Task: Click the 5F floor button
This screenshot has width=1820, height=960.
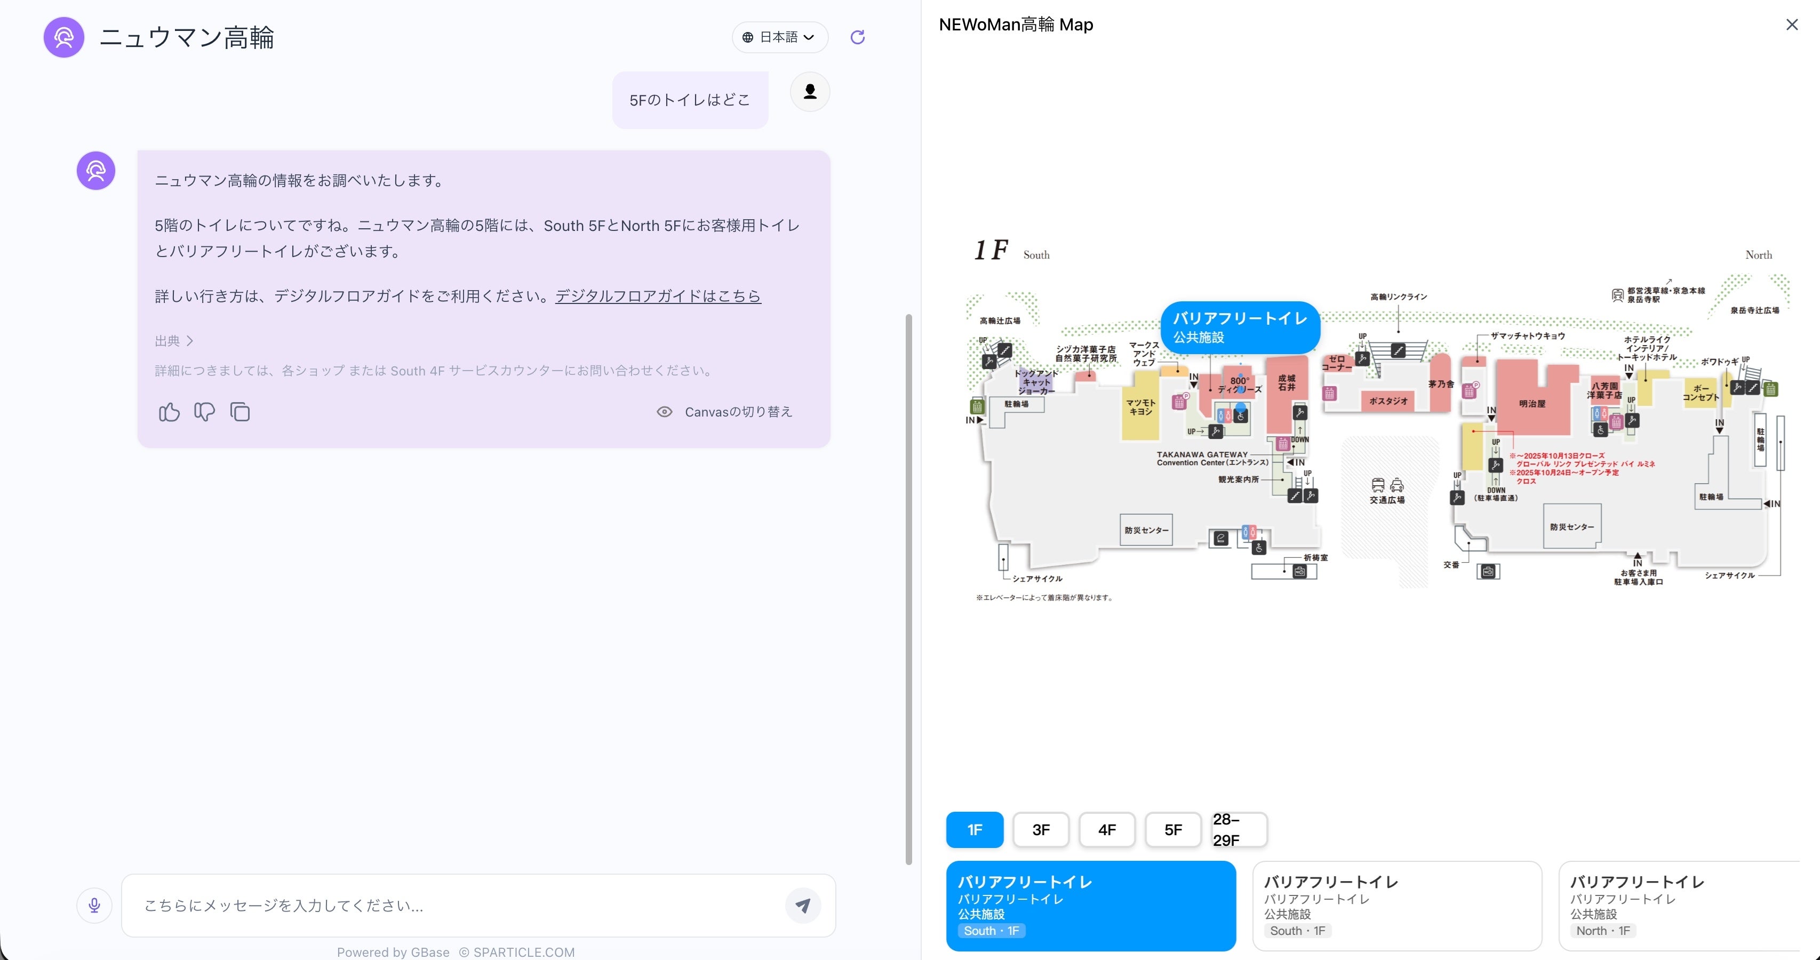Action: point(1173,829)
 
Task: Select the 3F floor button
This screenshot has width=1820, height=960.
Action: point(1041,829)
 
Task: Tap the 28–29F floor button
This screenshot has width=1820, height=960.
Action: point(1239,829)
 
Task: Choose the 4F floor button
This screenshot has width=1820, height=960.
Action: point(1106,829)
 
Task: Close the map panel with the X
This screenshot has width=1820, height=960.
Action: point(1792,25)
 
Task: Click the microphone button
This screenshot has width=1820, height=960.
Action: point(94,905)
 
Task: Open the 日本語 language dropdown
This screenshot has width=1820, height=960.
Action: point(780,37)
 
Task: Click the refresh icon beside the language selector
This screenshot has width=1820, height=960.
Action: point(858,37)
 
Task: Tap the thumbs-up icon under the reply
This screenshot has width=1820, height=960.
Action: point(169,412)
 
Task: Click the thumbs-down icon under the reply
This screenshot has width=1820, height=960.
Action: point(204,412)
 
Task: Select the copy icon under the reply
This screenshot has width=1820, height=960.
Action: point(240,412)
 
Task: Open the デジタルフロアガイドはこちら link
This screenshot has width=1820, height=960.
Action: point(658,296)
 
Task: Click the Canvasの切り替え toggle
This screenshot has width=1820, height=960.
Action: point(725,412)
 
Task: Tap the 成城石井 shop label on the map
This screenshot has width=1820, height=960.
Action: point(1287,383)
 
